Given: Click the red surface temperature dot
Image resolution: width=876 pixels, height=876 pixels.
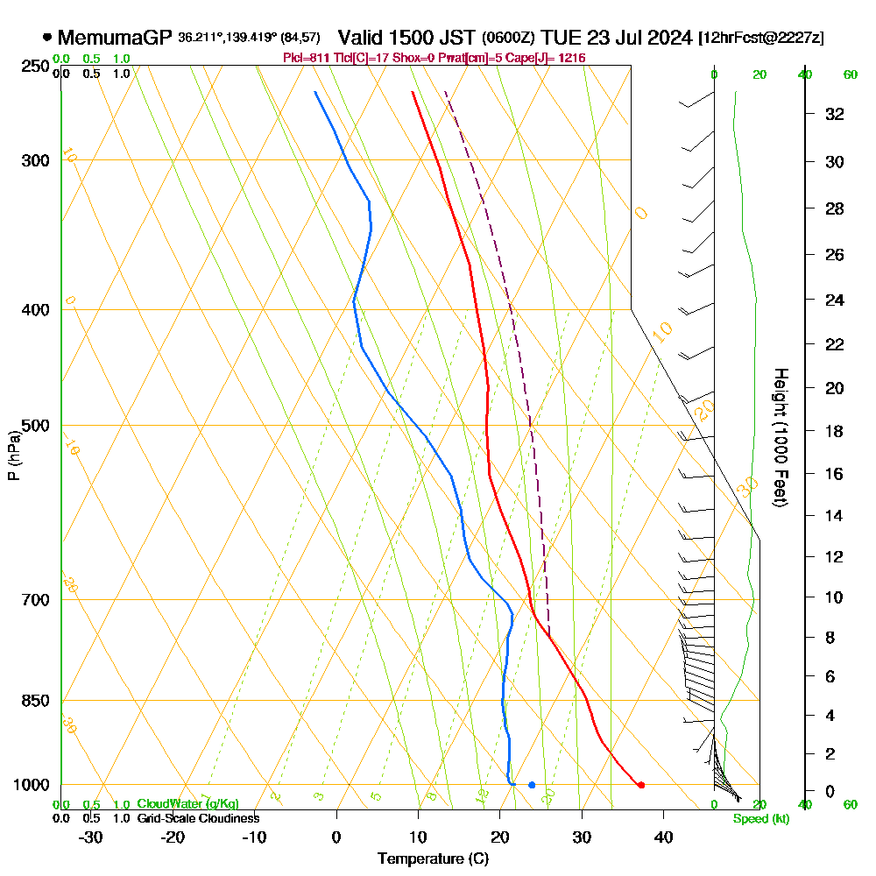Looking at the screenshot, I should [x=641, y=785].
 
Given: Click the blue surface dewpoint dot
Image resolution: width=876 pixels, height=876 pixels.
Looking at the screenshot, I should [x=532, y=785].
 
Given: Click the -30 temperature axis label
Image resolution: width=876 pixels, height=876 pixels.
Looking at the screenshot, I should [x=91, y=837].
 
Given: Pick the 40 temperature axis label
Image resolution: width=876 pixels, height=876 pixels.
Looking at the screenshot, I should [x=663, y=837].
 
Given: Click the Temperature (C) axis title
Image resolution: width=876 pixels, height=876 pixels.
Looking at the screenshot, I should [x=433, y=859].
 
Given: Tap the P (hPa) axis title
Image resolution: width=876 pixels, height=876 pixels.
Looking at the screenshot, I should [x=13, y=455].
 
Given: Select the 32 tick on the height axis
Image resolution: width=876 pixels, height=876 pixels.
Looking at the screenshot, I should [x=835, y=114].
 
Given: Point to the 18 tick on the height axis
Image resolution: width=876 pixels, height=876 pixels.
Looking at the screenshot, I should [x=835, y=431].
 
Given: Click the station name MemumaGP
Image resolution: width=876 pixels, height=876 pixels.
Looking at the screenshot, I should [x=116, y=38].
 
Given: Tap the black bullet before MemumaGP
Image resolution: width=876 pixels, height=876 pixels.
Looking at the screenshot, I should [x=46, y=38].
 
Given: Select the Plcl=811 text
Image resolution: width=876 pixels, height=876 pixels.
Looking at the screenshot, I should [x=306, y=58].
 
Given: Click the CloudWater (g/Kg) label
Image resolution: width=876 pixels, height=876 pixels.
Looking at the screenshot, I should [x=187, y=804].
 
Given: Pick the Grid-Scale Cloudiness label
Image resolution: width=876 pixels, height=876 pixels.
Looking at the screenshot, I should [x=197, y=818].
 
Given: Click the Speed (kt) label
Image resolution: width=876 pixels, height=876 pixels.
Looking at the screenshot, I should [x=761, y=819].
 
